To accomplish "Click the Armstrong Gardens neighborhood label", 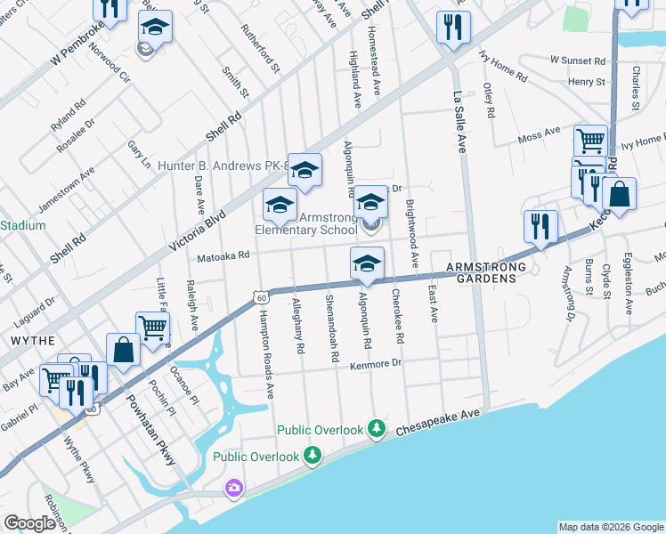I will click(x=481, y=272).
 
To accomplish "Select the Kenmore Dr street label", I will click(x=377, y=364).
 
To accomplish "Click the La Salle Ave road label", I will click(x=460, y=123).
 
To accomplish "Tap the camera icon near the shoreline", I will click(x=233, y=488).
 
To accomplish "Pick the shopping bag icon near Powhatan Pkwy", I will click(x=123, y=350).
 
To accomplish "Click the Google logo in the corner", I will click(x=29, y=523).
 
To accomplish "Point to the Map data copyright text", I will click(x=610, y=527).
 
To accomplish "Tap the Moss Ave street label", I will click(x=539, y=135).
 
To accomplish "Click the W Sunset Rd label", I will click(x=577, y=60).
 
